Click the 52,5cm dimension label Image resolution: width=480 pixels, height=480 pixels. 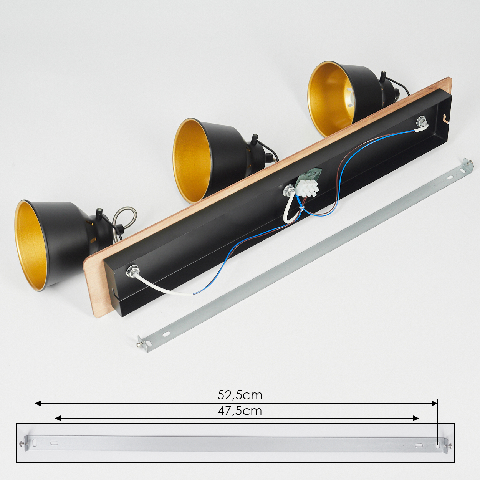tap(240, 395)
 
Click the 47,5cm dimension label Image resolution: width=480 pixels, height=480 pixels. tap(240, 411)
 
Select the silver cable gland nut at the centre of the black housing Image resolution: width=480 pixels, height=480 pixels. tap(288, 190)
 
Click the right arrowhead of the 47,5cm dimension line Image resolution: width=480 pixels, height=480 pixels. tap(416, 419)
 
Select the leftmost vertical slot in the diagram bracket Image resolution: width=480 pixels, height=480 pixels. tap(35, 443)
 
